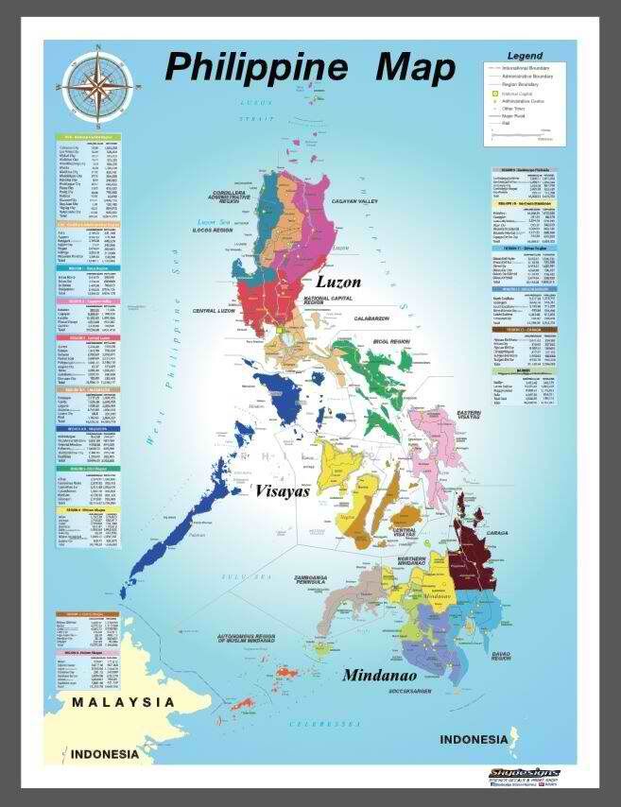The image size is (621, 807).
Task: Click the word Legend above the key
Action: [525, 57]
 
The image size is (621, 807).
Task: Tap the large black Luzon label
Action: [337, 282]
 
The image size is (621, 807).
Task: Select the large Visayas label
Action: [283, 490]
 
